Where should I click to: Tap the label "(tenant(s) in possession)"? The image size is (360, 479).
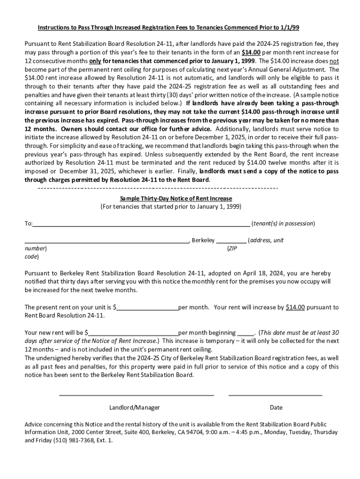(283, 224)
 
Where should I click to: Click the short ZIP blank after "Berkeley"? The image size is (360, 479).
(231, 241)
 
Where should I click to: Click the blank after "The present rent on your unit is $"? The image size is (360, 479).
(148, 308)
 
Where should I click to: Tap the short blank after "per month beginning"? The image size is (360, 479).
(246, 333)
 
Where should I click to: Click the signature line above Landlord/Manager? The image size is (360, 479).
(137, 395)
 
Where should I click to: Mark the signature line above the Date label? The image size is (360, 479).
(275, 395)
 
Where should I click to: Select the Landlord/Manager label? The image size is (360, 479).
(135, 407)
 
